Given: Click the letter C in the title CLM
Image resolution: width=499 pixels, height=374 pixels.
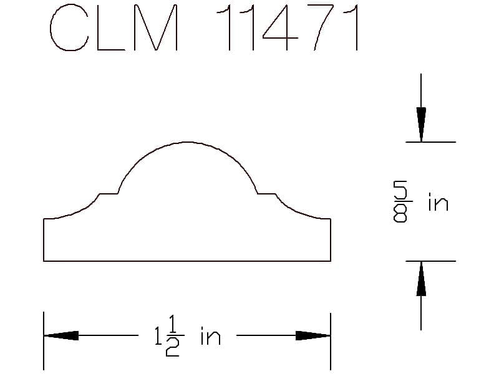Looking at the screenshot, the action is (x=51, y=28).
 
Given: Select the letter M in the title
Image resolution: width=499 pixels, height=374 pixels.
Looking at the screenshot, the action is (x=156, y=28).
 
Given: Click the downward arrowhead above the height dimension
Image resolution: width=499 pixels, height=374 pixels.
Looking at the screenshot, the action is (x=421, y=125).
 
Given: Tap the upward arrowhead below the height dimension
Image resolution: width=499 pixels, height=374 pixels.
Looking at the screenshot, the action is (x=421, y=279).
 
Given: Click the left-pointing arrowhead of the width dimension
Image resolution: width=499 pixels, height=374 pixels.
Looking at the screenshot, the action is (x=61, y=335).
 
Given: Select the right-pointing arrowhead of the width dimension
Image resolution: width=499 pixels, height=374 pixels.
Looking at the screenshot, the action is (x=313, y=335).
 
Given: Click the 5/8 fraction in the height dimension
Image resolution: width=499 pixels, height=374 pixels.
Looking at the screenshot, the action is (x=400, y=201).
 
